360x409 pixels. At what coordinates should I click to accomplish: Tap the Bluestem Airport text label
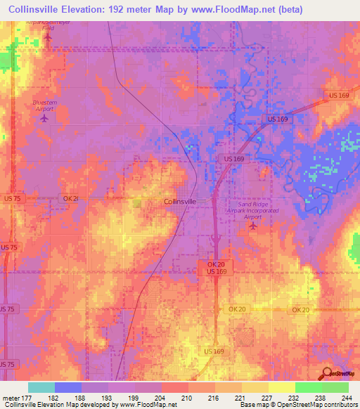point(45,105)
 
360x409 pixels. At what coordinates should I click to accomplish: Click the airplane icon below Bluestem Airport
point(45,117)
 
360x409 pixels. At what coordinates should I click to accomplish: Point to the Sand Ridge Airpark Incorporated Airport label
point(252,210)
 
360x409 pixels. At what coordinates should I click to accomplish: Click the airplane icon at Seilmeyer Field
point(48,37)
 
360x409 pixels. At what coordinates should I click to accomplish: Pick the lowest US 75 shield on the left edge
point(7,364)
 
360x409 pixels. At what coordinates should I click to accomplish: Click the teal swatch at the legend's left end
point(41,387)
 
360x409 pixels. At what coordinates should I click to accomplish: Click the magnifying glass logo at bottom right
point(327,372)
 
